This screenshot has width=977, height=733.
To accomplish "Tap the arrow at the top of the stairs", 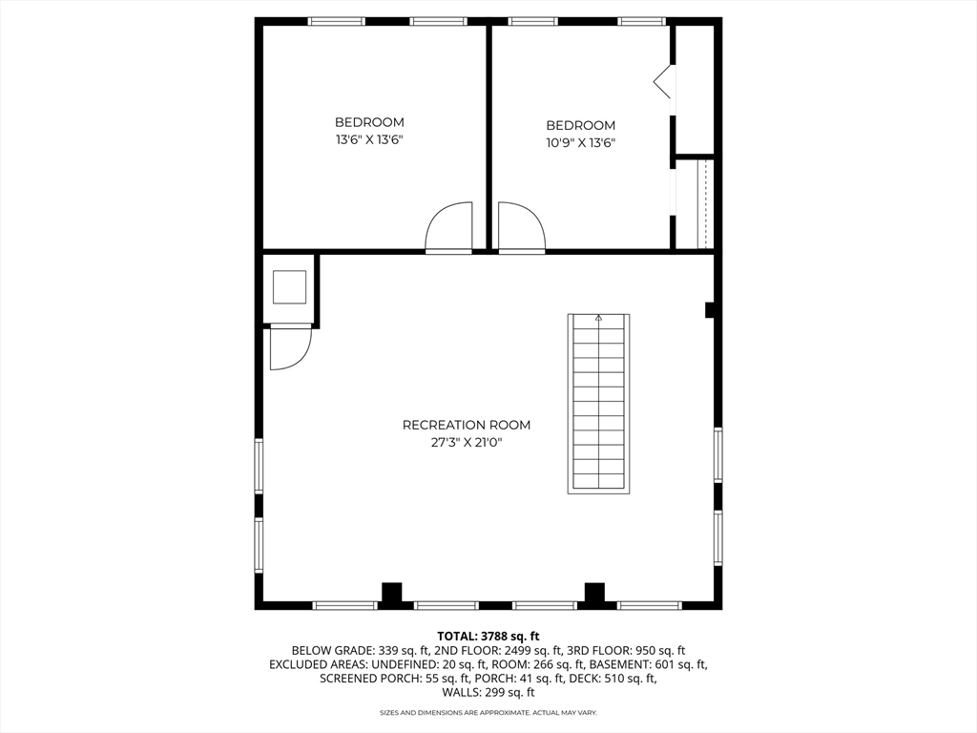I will (x=599, y=319).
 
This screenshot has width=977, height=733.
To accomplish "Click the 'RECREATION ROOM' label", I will (x=466, y=425).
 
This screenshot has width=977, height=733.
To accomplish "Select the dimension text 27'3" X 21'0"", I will (x=466, y=442).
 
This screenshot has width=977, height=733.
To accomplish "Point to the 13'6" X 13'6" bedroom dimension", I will (x=369, y=139).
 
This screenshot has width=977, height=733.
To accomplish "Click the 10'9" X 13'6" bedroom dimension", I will (x=580, y=143).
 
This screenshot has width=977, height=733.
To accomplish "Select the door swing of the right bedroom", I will (x=520, y=226).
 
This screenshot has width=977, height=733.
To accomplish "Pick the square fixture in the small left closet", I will (x=289, y=286).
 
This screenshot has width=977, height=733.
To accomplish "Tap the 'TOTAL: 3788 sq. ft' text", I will (x=488, y=636).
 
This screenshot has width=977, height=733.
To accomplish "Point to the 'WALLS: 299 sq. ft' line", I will (x=488, y=693).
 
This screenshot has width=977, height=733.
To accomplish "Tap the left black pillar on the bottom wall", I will (x=391, y=592).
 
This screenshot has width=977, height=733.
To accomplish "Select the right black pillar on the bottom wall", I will (x=595, y=592).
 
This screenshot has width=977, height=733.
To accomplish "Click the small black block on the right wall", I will (x=710, y=309).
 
